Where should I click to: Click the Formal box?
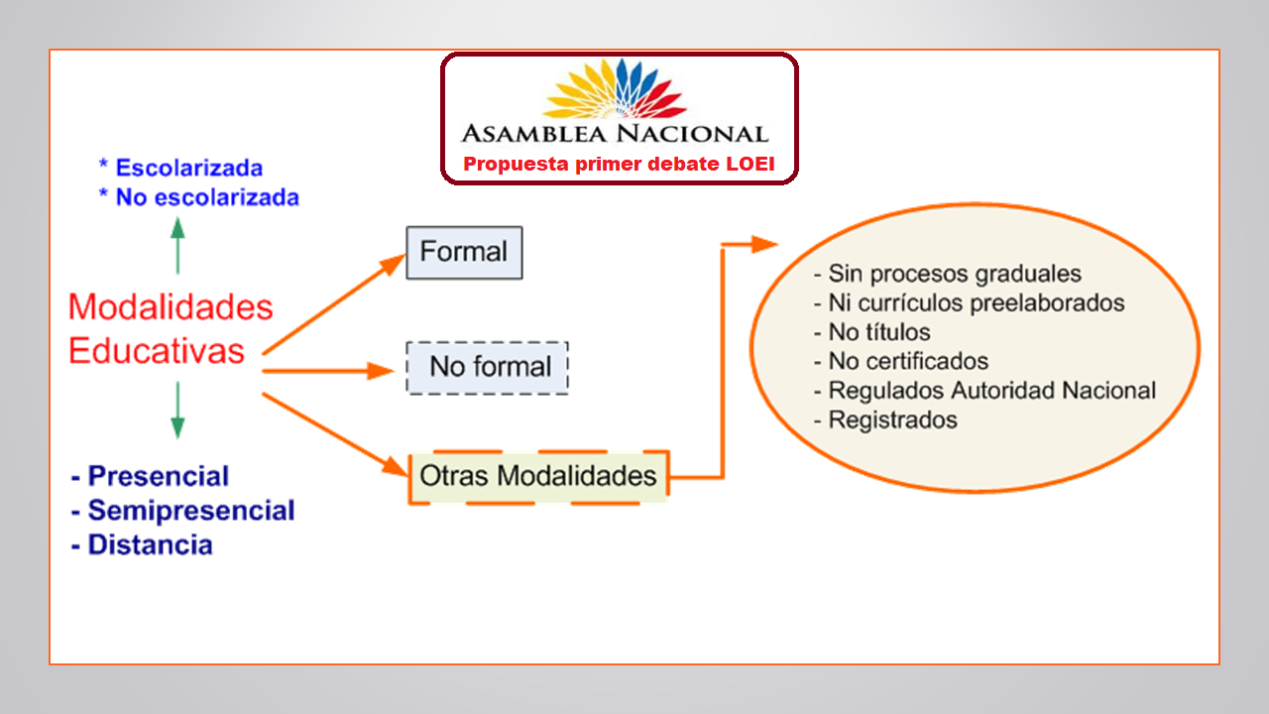(x=464, y=252)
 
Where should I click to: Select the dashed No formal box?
(x=488, y=367)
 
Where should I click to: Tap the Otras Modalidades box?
(x=538, y=476)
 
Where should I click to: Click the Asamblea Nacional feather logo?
(x=616, y=90)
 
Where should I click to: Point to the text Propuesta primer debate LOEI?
(x=619, y=164)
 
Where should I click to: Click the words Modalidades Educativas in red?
(x=170, y=328)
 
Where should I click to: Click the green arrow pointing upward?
(x=177, y=245)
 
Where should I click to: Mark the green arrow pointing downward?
(x=177, y=412)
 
